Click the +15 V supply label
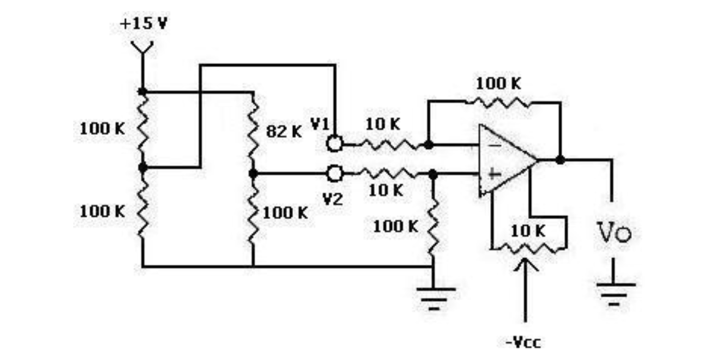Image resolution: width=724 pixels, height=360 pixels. tap(143, 24)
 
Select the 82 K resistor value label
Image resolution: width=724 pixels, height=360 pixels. tap(284, 132)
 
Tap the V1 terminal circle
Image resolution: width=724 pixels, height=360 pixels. tap(335, 144)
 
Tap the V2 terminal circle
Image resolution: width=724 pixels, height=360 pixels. tap(335, 173)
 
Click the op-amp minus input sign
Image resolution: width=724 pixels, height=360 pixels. tap(494, 145)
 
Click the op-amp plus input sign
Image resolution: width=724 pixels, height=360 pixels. tap(494, 174)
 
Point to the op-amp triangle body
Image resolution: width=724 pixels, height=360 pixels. tap(508, 160)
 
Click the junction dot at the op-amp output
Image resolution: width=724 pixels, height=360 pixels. tap(560, 160)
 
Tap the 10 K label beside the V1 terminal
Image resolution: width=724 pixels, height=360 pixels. tap(383, 124)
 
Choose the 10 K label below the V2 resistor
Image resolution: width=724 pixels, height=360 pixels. tap(386, 190)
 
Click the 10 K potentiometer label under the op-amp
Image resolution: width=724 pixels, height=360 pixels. tap(527, 231)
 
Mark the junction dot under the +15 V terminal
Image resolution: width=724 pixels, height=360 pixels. tap(142, 92)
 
